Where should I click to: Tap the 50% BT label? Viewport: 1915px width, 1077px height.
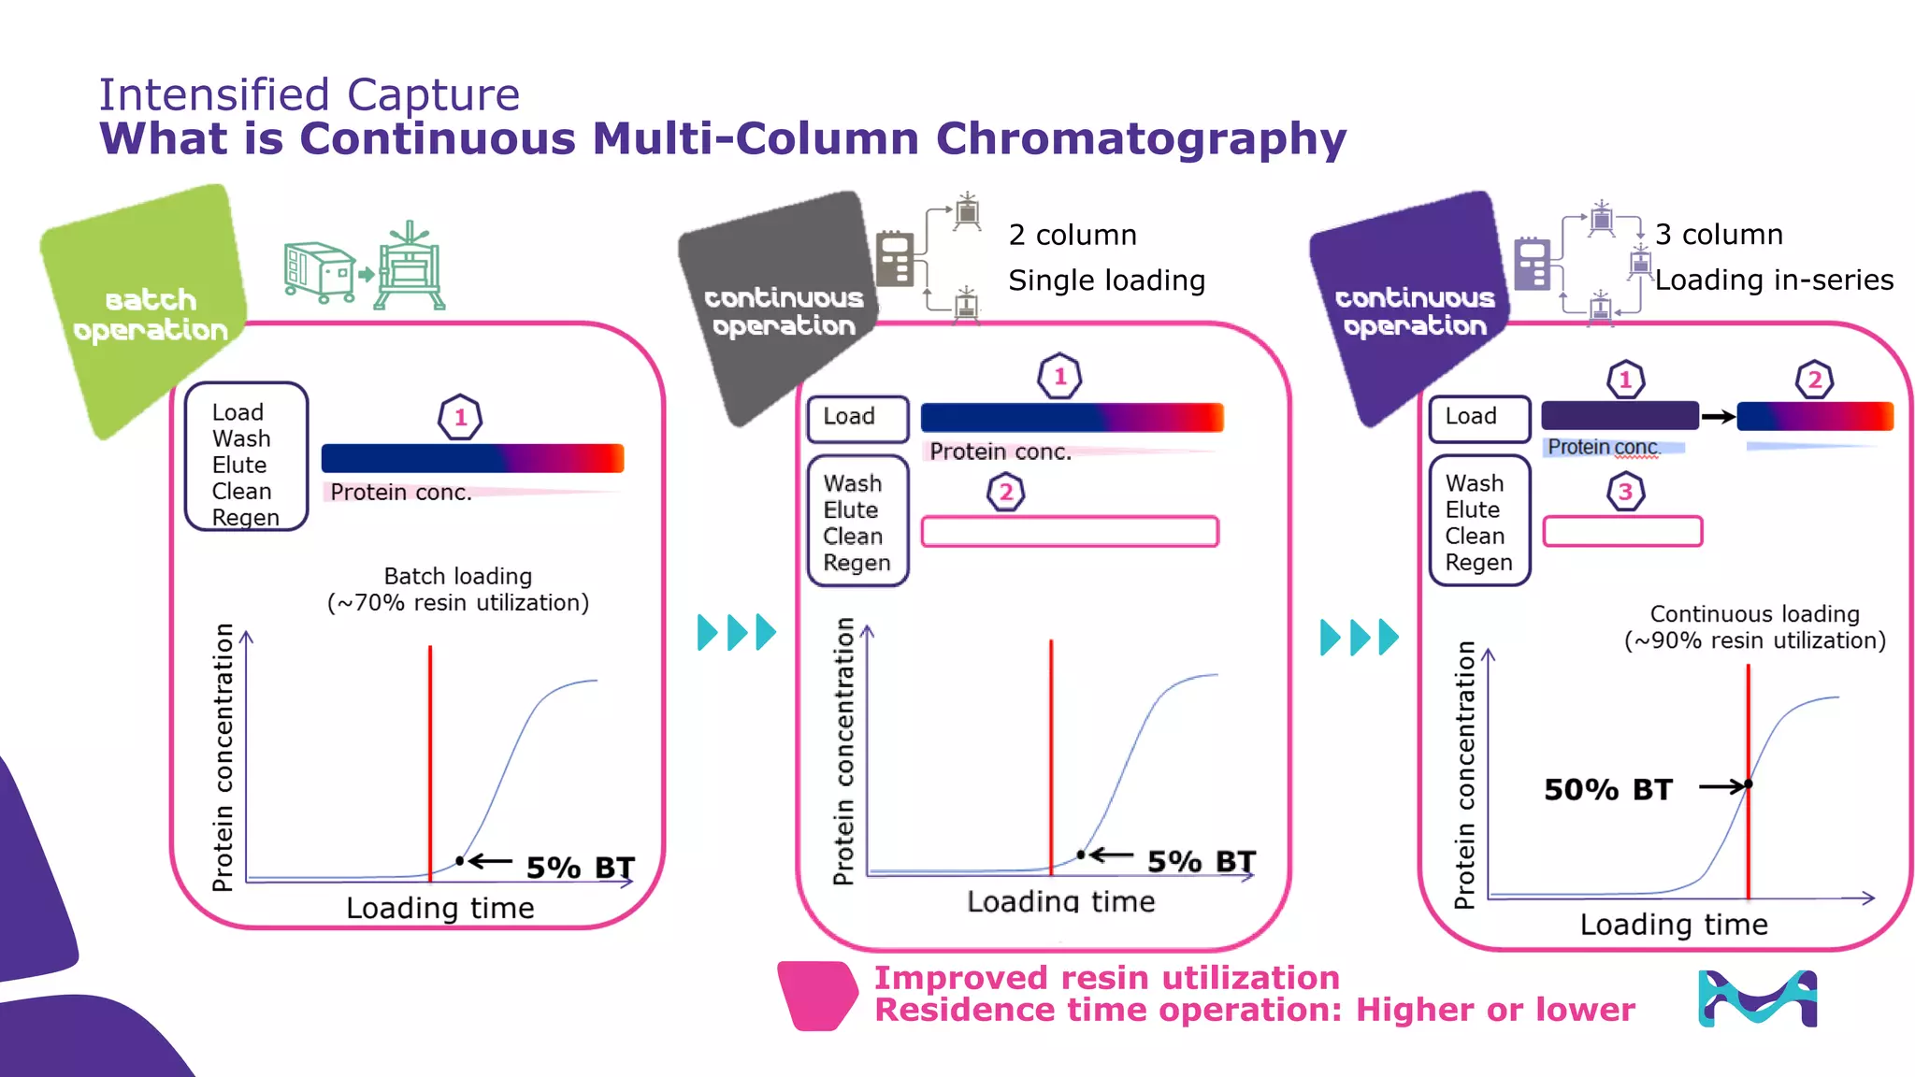point(1607,790)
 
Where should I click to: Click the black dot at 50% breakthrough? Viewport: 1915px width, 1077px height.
point(1748,784)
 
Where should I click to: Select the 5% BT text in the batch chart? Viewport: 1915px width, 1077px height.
point(580,868)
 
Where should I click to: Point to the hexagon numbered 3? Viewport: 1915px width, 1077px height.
point(1625,493)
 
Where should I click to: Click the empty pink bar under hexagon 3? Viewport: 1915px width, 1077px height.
point(1622,531)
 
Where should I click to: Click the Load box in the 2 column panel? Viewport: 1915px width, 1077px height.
point(857,417)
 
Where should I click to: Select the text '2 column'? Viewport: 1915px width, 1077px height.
point(1073,235)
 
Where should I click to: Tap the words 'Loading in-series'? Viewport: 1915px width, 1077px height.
point(1774,280)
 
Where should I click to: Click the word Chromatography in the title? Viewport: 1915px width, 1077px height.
point(1141,138)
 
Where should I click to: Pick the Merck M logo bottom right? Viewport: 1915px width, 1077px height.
point(1757,998)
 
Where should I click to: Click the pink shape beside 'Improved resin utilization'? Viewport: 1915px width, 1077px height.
point(817,996)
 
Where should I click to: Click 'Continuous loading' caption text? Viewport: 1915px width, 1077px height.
point(1754,614)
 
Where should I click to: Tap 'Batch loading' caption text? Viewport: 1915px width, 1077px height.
point(458,576)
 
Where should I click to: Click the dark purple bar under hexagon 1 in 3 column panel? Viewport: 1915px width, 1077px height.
point(1620,416)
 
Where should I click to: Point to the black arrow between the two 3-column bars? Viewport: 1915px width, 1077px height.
point(1718,417)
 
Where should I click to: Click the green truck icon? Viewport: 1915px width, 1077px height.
point(318,272)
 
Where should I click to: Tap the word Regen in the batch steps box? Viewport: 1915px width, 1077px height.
point(245,518)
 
